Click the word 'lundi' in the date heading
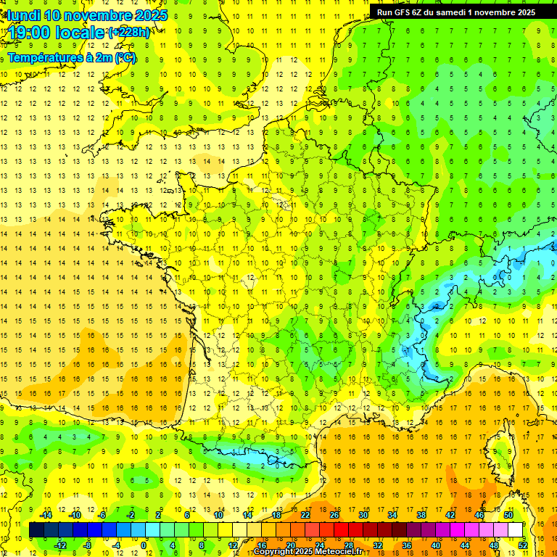click(x=24, y=15)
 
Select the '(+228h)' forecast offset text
click(x=130, y=33)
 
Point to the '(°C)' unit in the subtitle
click(x=124, y=58)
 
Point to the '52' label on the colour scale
click(x=523, y=545)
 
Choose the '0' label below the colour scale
click(x=144, y=545)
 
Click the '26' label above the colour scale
click(x=334, y=515)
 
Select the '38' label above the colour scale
click(x=421, y=515)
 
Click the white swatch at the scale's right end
click(x=516, y=530)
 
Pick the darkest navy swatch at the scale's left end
click(x=36, y=530)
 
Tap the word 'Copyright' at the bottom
click(x=276, y=552)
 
